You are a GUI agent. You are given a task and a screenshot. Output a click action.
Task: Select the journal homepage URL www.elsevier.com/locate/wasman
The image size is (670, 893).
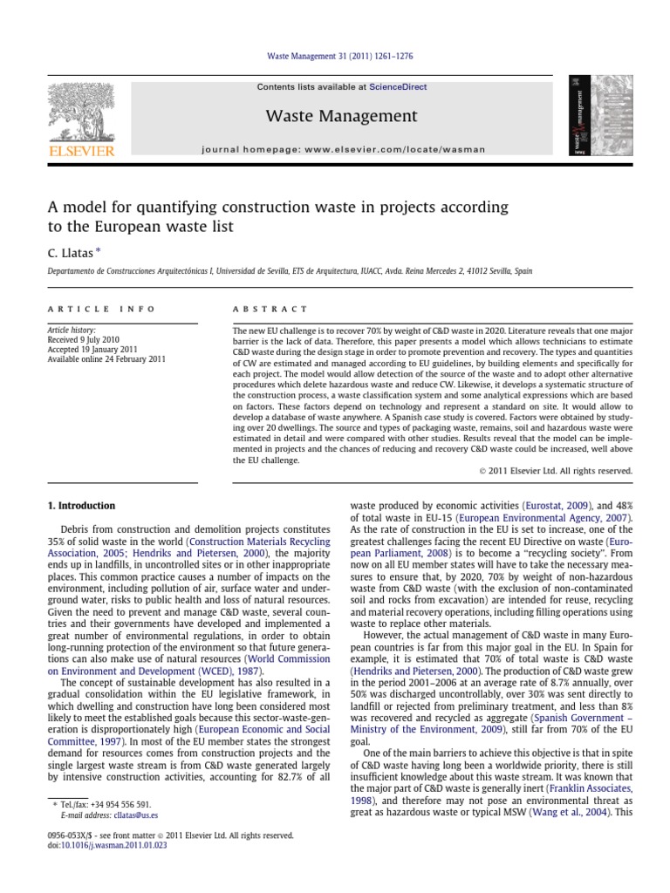pos(403,149)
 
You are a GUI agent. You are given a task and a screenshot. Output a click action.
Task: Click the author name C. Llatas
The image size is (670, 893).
pos(68,251)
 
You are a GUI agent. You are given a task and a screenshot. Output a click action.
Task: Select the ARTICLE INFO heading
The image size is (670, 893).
pos(101,309)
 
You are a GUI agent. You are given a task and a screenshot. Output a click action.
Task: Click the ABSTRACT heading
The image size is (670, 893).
pos(270,309)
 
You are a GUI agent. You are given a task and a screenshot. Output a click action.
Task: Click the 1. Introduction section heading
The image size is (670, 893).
pos(80,506)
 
